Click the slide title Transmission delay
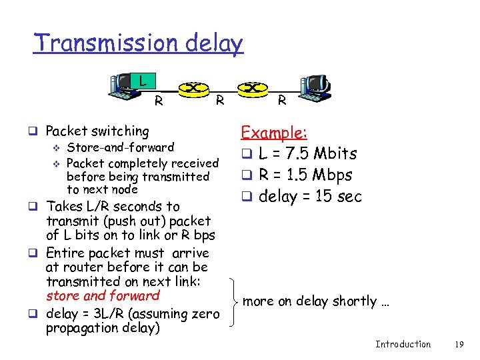click(x=139, y=43)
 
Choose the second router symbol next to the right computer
click(x=251, y=87)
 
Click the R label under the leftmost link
click(x=159, y=102)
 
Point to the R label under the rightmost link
click(x=282, y=102)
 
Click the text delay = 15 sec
click(x=310, y=196)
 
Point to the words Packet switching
click(x=97, y=131)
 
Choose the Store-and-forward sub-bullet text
click(x=121, y=147)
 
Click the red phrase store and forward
click(x=103, y=295)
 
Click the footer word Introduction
click(x=403, y=344)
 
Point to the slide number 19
click(x=458, y=344)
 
